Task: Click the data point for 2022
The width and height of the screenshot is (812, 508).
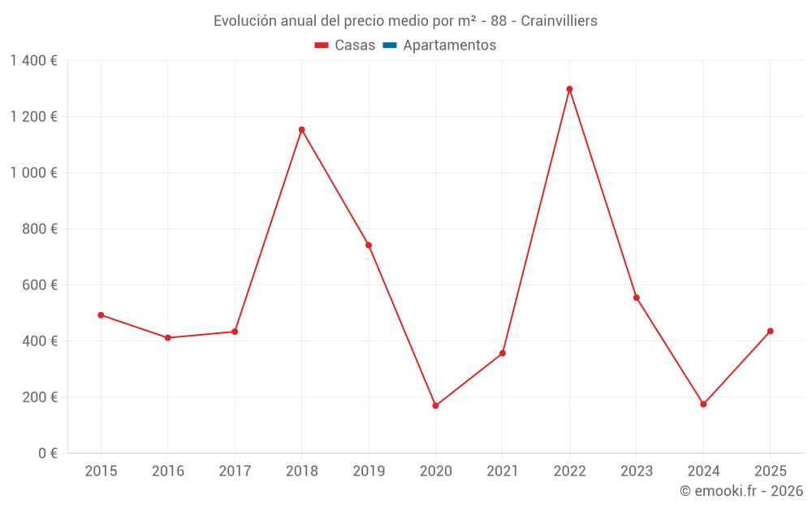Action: tap(569, 89)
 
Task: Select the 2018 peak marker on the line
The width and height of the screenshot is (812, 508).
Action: tap(301, 130)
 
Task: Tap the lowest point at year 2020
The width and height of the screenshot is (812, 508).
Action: tap(435, 406)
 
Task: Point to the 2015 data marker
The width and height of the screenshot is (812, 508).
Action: tap(101, 315)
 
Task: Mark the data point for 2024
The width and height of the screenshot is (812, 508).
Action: tap(703, 404)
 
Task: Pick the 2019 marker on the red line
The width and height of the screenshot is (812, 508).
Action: tap(369, 245)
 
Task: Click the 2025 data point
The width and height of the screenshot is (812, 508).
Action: tap(770, 331)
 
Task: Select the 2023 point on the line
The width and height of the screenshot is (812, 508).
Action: tap(637, 297)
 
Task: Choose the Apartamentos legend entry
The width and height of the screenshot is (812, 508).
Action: tap(449, 46)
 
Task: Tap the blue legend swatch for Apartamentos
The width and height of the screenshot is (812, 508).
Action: tap(389, 46)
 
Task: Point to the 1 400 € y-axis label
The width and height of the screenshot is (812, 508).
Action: tap(33, 61)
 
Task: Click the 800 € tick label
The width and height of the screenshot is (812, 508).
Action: tap(41, 229)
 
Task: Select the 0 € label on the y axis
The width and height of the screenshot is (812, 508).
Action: tap(47, 454)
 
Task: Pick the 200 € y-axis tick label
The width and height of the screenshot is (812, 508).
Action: tap(41, 397)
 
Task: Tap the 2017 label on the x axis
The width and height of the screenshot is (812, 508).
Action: tap(235, 471)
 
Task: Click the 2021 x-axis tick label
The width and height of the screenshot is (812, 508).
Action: tap(503, 471)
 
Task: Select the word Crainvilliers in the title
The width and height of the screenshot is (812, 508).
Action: tap(559, 21)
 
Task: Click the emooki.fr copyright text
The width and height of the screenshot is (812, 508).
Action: tap(741, 491)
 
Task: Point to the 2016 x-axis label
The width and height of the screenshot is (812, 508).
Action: tap(168, 471)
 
